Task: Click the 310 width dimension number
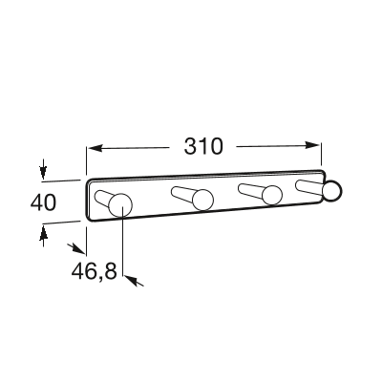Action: [x=203, y=146]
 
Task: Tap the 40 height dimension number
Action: [x=43, y=202]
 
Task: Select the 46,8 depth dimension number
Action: [x=95, y=272]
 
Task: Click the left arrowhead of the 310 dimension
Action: [x=95, y=148]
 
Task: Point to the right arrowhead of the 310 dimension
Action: [x=312, y=145]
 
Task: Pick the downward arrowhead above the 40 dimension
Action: [x=43, y=172]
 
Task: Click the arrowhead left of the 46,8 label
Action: [x=78, y=249]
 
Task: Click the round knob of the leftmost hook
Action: [x=120, y=204]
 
